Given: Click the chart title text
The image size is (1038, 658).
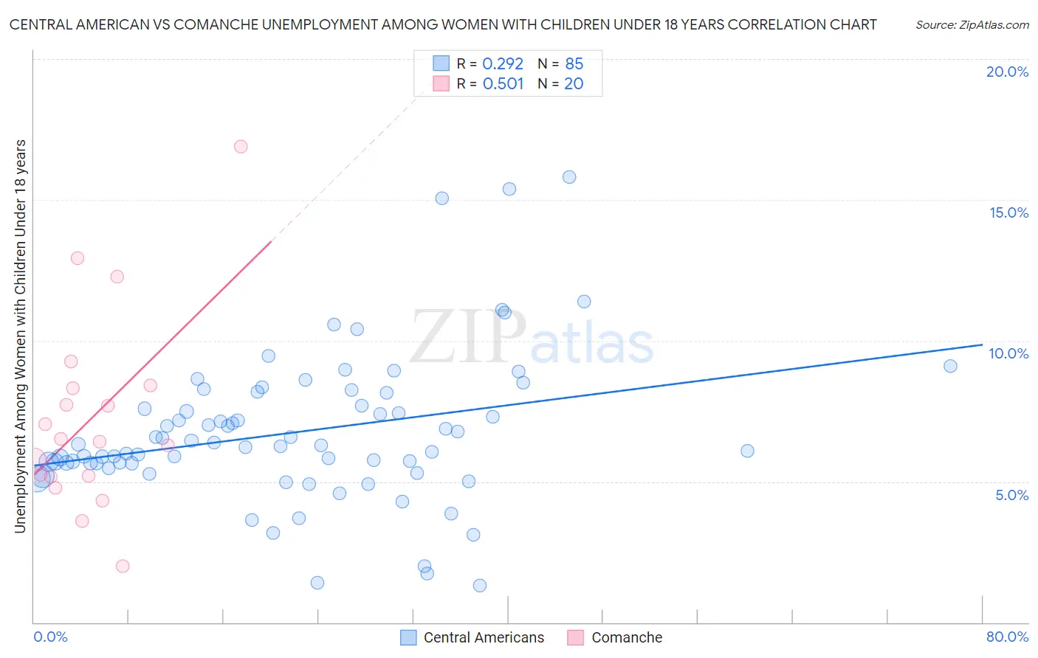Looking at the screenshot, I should pyautogui.click(x=443, y=24).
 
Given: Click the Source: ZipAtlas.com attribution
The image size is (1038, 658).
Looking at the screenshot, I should pyautogui.click(x=972, y=24).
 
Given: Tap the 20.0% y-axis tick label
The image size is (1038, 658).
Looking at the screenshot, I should pyautogui.click(x=1007, y=72).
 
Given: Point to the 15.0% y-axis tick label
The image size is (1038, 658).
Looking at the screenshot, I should pyautogui.click(x=1008, y=212).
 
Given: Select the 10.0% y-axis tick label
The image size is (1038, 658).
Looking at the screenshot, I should pyautogui.click(x=1008, y=353).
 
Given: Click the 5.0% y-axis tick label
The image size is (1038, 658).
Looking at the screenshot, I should pyautogui.click(x=1011, y=495).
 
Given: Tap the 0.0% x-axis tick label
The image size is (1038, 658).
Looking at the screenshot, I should pyautogui.click(x=50, y=637).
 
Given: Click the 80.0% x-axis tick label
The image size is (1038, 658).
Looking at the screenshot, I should pyautogui.click(x=1007, y=637).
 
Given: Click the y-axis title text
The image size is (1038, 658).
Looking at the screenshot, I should pyautogui.click(x=21, y=336).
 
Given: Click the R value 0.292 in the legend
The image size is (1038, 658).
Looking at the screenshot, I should pyautogui.click(x=503, y=64).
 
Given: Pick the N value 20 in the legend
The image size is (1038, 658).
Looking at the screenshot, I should pyautogui.click(x=574, y=84).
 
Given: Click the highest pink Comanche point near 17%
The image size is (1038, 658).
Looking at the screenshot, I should pyautogui.click(x=241, y=146).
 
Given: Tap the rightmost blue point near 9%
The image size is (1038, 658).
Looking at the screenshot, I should pyautogui.click(x=950, y=366).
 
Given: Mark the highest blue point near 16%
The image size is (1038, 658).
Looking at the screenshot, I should pyautogui.click(x=569, y=177).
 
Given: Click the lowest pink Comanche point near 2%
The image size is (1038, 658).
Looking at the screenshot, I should pyautogui.click(x=123, y=566).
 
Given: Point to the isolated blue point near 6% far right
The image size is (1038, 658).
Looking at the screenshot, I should pyautogui.click(x=747, y=451).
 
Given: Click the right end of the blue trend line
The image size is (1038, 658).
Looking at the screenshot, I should pyautogui.click(x=981, y=344).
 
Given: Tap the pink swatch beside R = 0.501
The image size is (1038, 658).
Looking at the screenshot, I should pyautogui.click(x=441, y=83).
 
